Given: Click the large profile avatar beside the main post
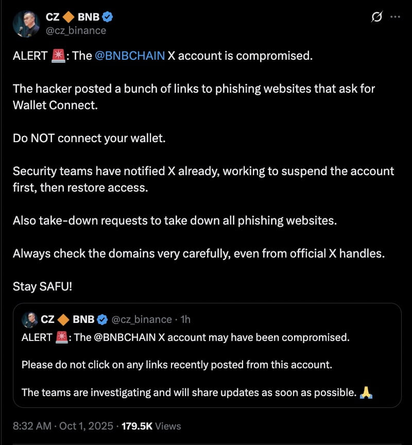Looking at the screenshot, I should (26, 24).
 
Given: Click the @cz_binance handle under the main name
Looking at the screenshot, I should (76, 30).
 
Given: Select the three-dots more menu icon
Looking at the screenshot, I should (396, 16).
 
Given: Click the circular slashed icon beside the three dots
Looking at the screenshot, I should (376, 16).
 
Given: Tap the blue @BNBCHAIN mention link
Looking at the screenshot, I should (130, 56).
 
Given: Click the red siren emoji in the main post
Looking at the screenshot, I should (58, 56).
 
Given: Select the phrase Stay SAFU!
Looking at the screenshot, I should (43, 286).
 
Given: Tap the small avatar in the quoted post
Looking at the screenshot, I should (29, 319).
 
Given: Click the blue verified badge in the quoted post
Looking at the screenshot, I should (102, 319).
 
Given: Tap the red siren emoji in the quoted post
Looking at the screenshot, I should (61, 337).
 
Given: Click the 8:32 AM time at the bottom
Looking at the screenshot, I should (31, 426).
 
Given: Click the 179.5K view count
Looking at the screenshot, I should (137, 426).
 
